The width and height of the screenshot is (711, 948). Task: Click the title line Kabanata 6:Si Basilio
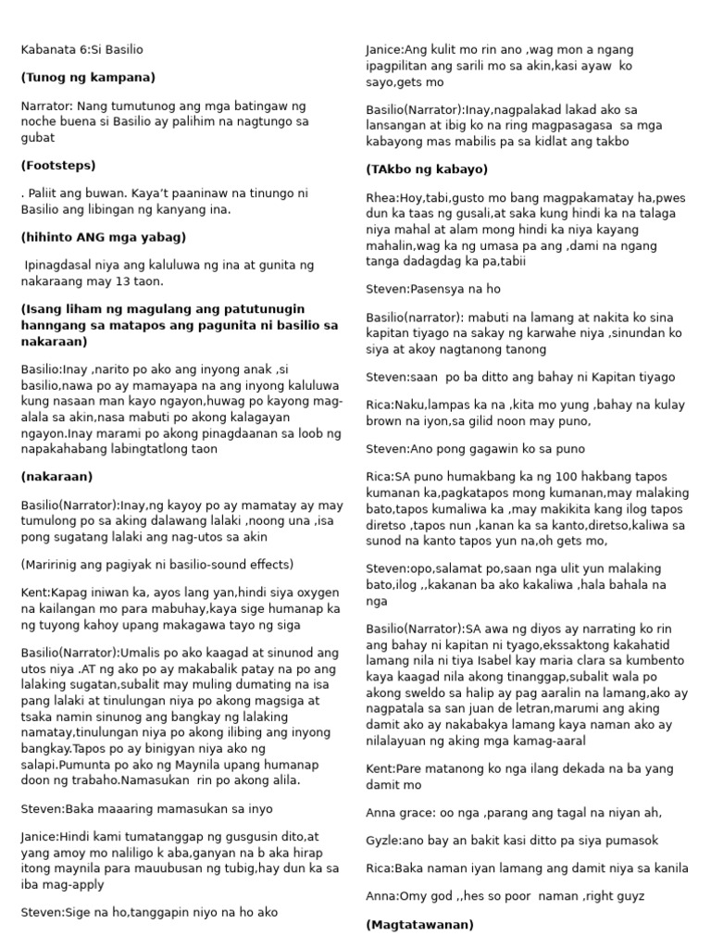click(81, 49)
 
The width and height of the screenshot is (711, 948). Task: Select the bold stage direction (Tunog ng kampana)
click(88, 77)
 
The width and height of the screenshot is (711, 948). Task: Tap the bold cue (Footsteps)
click(57, 165)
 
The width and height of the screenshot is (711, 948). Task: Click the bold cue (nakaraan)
click(56, 476)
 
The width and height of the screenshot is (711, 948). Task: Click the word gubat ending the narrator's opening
click(38, 137)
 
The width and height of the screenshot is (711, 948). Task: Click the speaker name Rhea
click(381, 197)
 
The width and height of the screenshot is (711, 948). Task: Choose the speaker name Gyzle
click(382, 841)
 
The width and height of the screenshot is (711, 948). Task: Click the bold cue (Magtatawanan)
click(419, 924)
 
